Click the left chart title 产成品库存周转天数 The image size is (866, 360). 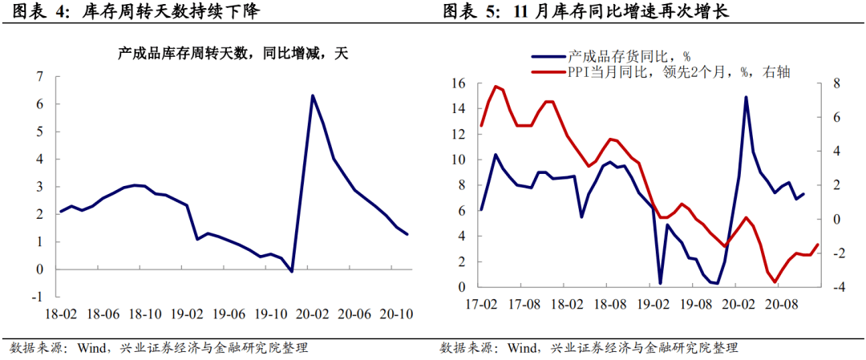click(x=233, y=55)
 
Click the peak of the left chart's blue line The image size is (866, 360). click(x=312, y=95)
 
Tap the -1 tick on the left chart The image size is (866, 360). click(x=36, y=297)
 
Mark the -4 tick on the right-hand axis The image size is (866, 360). click(x=836, y=287)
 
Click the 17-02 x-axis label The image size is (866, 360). click(x=480, y=305)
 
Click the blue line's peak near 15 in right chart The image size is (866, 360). click(x=747, y=97)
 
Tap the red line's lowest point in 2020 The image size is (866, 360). click(x=775, y=281)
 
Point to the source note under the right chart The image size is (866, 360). click(x=589, y=347)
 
